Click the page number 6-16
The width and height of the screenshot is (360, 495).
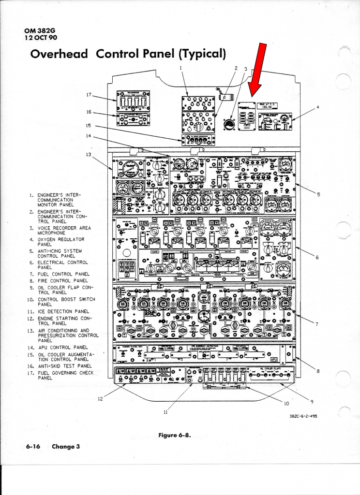[33, 447]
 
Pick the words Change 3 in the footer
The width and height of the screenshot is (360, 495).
[65, 447]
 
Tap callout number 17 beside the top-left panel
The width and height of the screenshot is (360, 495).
[89, 95]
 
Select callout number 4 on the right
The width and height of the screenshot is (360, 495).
[317, 107]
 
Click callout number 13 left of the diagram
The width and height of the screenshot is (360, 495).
[89, 154]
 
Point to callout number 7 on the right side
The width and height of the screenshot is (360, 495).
[317, 324]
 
